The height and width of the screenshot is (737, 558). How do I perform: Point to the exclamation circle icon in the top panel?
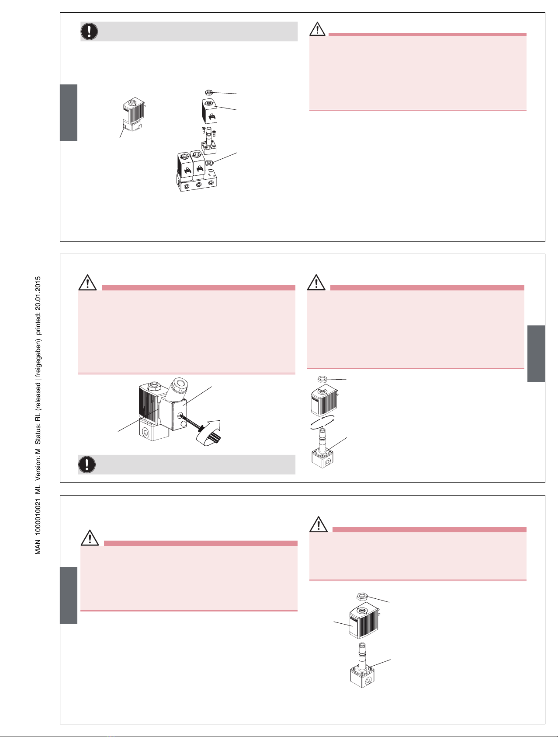(89, 31)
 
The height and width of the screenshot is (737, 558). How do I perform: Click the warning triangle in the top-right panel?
(318, 29)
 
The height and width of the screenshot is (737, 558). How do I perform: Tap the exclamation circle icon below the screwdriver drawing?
(87, 464)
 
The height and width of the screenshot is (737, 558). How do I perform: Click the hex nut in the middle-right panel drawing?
(322, 379)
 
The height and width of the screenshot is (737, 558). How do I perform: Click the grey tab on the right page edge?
(536, 353)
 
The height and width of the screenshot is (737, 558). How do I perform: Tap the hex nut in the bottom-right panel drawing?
(362, 597)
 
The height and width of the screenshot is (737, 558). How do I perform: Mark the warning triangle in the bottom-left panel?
(90, 538)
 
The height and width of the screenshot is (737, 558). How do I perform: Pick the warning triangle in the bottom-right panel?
(319, 524)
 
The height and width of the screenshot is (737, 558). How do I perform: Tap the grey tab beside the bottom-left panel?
(69, 595)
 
